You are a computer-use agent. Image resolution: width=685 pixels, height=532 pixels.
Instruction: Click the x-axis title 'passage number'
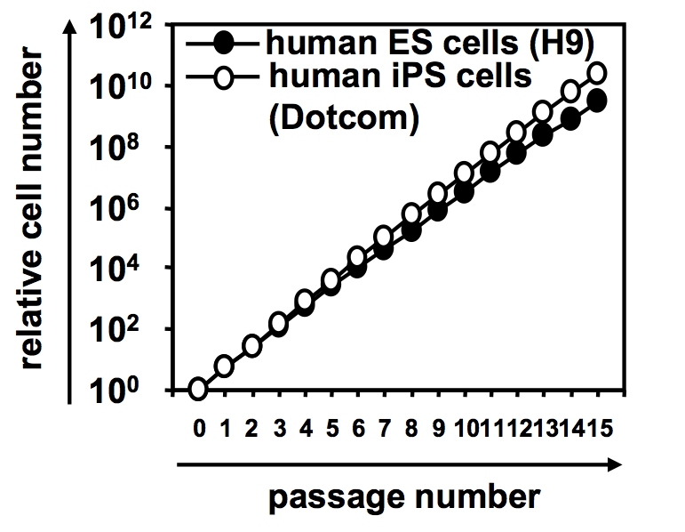(404, 495)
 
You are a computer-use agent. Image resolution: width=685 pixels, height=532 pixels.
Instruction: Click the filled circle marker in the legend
(225, 41)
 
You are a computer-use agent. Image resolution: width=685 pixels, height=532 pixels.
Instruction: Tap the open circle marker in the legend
(225, 77)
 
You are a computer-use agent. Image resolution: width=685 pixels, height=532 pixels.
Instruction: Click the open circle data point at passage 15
(598, 73)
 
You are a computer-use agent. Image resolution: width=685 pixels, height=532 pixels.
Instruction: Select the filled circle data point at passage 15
(598, 101)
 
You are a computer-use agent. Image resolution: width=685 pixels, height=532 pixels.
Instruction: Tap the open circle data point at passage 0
(198, 389)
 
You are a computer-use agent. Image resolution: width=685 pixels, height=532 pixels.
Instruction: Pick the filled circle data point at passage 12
(518, 153)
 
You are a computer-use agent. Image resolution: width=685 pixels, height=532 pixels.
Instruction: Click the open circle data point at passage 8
(411, 214)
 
